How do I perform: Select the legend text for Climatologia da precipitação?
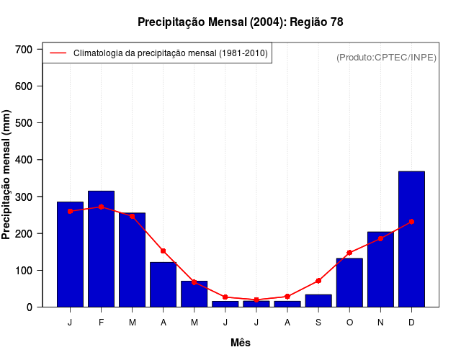tap(171, 53)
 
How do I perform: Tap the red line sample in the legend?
tap(58, 53)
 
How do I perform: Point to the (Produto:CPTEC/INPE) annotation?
tap(386, 57)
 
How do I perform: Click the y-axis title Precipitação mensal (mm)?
tap(7, 175)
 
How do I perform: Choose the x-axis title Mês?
tap(241, 343)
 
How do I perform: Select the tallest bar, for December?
tap(411, 239)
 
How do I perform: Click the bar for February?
tap(101, 248)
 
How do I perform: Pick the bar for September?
tap(318, 301)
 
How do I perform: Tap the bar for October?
tap(349, 282)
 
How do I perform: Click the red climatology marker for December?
tap(411, 222)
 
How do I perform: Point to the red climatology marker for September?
tap(318, 281)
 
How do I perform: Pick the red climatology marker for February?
tap(101, 207)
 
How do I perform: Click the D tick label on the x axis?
tap(411, 323)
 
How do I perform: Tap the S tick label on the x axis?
tap(318, 323)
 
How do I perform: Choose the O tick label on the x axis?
tap(349, 323)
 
